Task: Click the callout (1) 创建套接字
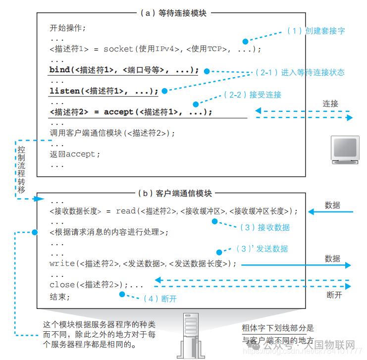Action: click(315, 31)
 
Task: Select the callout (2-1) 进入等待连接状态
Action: click(300, 72)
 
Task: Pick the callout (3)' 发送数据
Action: click(262, 249)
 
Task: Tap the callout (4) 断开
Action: click(159, 299)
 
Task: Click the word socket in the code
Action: click(118, 49)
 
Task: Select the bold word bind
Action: click(59, 70)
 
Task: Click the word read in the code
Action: click(126, 211)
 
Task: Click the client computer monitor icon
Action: click(345, 151)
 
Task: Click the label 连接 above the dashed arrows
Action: click(330, 104)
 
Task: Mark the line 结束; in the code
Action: click(60, 297)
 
